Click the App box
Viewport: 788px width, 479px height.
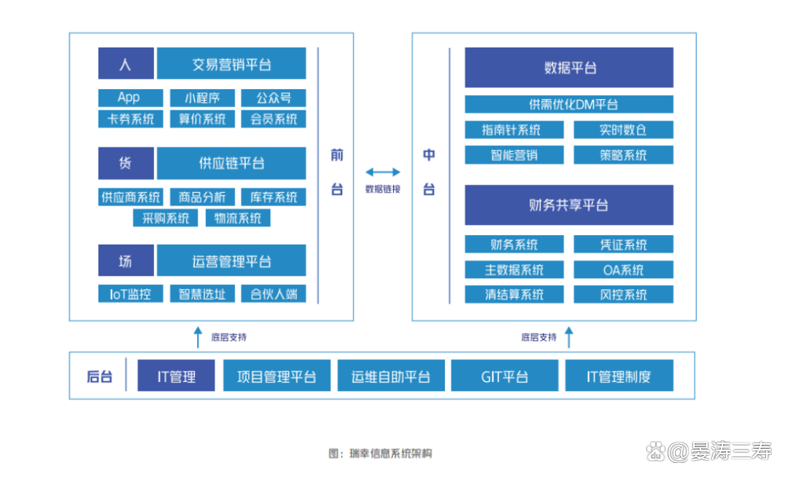(131, 98)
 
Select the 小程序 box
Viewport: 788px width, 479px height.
(203, 98)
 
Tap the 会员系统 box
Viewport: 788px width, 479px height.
(274, 119)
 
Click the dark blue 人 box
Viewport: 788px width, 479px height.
(126, 64)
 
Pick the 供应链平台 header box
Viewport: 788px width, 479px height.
(232, 163)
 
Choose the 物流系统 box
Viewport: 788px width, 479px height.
(238, 218)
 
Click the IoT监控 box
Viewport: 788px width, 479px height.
(131, 294)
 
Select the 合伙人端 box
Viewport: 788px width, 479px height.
(274, 294)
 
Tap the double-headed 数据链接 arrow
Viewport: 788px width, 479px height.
(383, 172)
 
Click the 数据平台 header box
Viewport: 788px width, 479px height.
(569, 67)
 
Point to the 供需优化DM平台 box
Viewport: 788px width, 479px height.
(569, 104)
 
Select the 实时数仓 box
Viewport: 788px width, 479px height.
(624, 130)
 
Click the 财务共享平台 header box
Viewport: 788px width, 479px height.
(569, 204)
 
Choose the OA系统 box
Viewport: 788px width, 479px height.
(624, 269)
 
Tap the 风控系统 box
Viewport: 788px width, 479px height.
(624, 294)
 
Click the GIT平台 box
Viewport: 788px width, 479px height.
(505, 375)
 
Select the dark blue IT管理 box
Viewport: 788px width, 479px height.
(177, 375)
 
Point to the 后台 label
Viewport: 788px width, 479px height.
(99, 376)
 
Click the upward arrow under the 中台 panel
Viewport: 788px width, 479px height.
(569, 337)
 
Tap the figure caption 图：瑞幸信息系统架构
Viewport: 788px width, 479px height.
(380, 453)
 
